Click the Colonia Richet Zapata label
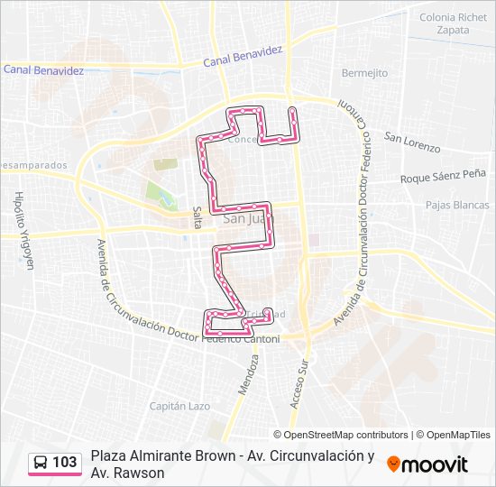tap(453, 23)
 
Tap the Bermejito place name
tap(364, 72)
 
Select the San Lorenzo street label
tap(411, 142)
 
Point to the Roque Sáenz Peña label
tap(443, 178)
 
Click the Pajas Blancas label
tap(457, 205)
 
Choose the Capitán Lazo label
tap(179, 407)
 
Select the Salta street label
tap(197, 217)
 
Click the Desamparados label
tap(34, 166)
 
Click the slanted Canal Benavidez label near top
tap(242, 57)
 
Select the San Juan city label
tap(243, 217)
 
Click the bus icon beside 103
tap(41, 463)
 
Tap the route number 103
tap(65, 463)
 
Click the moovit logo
tap(427, 464)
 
